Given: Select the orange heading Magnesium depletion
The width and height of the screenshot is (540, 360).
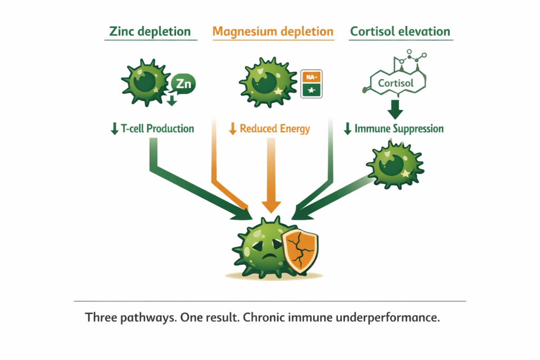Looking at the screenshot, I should point(273,31).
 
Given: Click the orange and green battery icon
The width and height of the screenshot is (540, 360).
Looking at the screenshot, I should point(311,84).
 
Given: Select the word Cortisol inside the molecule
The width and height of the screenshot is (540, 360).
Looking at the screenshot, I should point(396,83).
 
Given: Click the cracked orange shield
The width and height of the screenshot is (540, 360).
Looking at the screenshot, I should point(300,251).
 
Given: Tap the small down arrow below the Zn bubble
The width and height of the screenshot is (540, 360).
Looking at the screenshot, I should point(171,100).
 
